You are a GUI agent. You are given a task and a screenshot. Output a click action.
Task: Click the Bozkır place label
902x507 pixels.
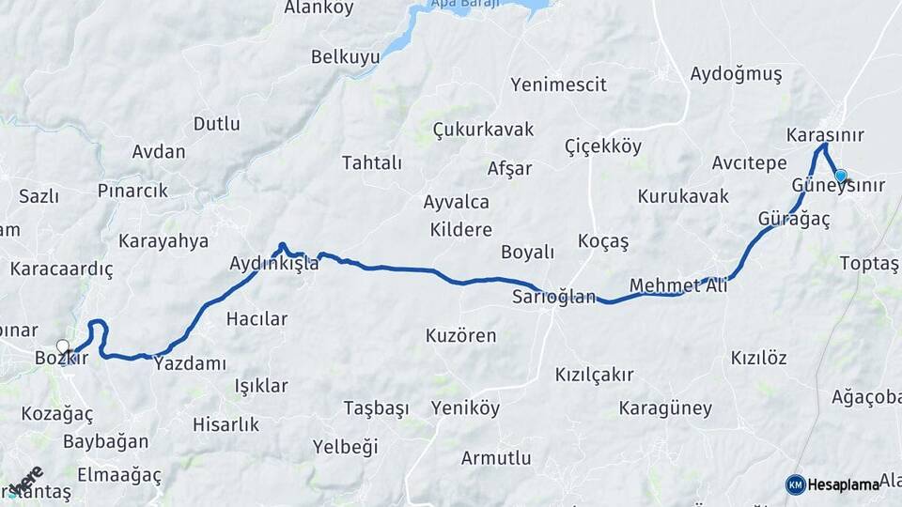pos(60,358)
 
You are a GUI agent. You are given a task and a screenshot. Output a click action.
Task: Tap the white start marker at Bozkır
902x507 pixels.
pos(63,346)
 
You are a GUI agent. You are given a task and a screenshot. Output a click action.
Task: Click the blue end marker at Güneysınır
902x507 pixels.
pos(840,175)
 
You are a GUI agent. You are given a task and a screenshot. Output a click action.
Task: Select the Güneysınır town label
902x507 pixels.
pos(838,186)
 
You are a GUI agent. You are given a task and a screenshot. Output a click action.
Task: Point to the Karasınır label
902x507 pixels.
pos(825,135)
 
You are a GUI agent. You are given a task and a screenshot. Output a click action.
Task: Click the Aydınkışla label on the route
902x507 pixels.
pos(273,264)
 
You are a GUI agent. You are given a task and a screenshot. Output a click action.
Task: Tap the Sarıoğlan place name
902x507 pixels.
pos(553,298)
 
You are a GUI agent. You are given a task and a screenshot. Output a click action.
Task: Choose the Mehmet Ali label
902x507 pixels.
pos(678,285)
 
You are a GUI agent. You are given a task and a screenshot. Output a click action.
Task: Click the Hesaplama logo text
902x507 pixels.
pos(843,484)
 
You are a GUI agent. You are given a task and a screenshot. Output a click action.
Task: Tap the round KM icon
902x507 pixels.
pos(796,484)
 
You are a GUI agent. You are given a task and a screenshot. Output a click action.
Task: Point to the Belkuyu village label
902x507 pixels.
pos(346,57)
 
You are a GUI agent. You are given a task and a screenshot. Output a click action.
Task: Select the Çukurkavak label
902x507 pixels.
pos(483,129)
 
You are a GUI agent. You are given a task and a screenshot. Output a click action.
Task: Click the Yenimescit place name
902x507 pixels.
pos(558,84)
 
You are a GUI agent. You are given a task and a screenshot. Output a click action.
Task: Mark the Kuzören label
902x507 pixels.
pos(460,335)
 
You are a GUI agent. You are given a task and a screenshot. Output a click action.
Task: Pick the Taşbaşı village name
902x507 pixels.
pos(376,408)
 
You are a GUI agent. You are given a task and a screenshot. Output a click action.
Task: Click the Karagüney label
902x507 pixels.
pos(665,408)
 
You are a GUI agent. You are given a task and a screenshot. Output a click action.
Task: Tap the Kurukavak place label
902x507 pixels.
pos(683,196)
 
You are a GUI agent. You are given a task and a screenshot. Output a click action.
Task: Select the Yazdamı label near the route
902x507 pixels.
pos(191,363)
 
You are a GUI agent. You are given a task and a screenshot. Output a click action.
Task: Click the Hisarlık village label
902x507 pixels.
pos(225,424)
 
